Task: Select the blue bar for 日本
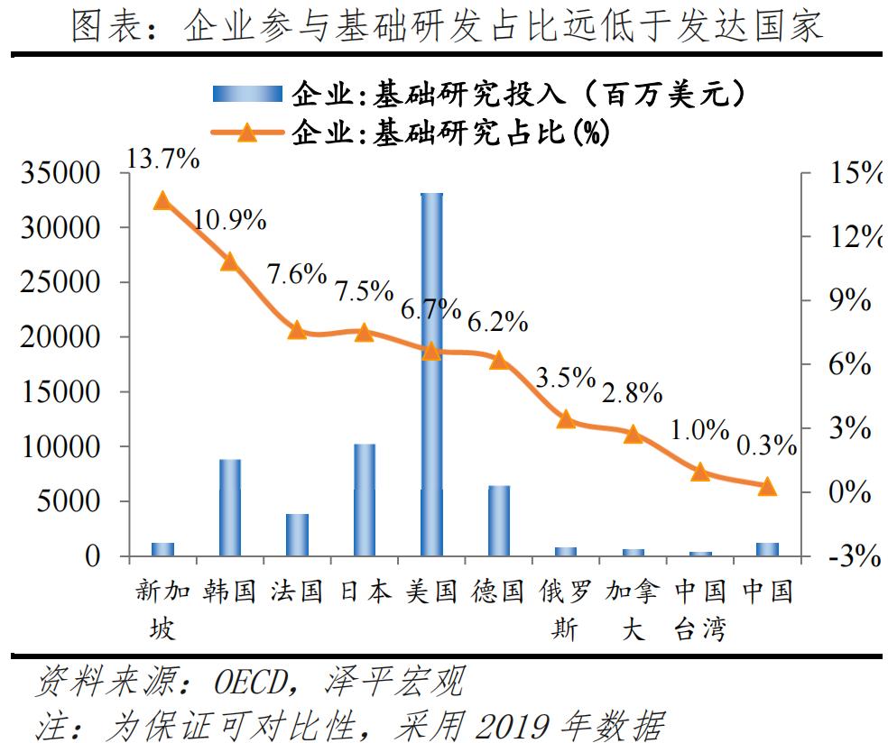[364, 500]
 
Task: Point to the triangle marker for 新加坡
[162, 200]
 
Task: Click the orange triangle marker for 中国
[766, 487]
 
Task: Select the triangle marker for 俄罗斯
[566, 418]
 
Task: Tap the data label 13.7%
[162, 159]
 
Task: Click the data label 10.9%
[229, 218]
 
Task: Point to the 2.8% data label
[632, 393]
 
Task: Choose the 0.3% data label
[766, 445]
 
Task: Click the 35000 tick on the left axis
[62, 173]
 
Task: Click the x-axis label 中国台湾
[700, 610]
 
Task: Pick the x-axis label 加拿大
[633, 610]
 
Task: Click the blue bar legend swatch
[249, 94]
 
